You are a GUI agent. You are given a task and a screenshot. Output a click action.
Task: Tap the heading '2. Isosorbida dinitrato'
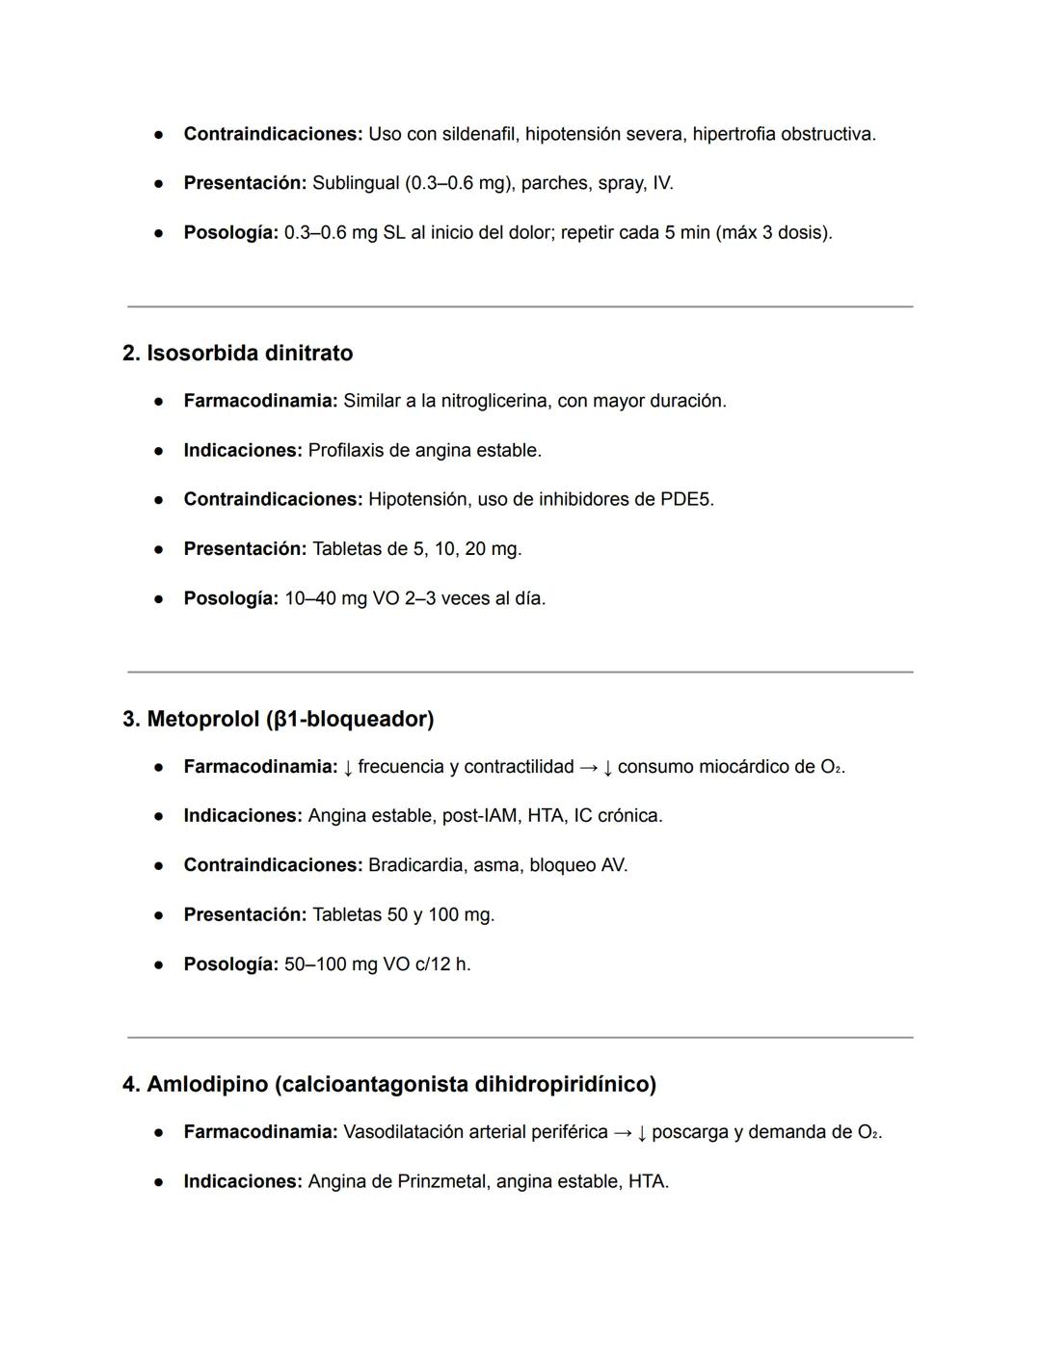(237, 353)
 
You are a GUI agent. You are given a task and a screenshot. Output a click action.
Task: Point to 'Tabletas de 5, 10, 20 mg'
(415, 549)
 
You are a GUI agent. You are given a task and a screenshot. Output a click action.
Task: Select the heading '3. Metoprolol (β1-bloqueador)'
(278, 719)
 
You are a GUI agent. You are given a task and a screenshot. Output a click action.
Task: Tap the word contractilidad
(519, 767)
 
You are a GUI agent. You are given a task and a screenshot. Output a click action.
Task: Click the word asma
(495, 865)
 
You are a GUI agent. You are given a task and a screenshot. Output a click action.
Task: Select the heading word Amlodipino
(206, 1084)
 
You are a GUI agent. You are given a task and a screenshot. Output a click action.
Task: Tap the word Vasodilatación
(402, 1132)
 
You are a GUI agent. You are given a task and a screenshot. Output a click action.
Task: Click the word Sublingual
(355, 183)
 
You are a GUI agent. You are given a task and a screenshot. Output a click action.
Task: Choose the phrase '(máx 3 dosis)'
(773, 233)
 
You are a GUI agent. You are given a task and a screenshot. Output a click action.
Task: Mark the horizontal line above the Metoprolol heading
(520, 673)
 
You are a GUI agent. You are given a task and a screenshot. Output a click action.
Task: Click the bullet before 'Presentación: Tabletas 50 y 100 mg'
(159, 915)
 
